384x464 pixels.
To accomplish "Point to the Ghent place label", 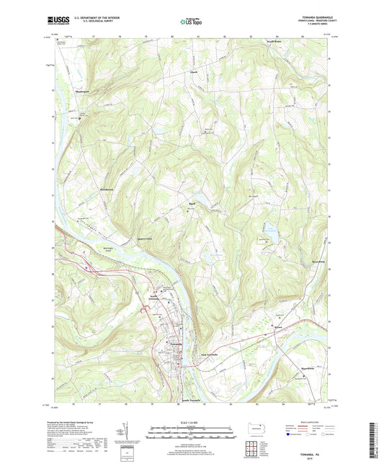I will pyautogui.click(x=192, y=72).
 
